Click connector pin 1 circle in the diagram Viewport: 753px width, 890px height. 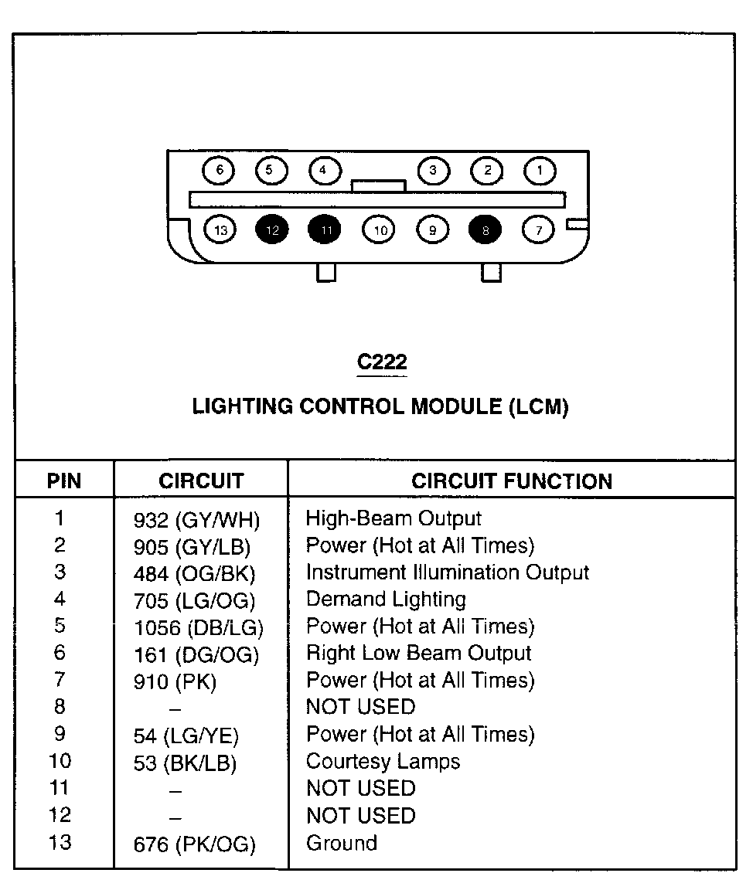coord(540,170)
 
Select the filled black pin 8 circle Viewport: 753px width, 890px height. coord(485,229)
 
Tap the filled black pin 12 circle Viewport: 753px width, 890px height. coord(271,229)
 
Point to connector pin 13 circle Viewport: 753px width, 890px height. coord(221,229)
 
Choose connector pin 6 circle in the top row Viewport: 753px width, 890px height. coord(220,170)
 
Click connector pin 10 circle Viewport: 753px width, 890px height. coord(379,229)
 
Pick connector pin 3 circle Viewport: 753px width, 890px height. coord(433,170)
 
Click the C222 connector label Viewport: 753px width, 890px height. coord(382,362)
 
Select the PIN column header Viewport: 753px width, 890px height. coord(64,481)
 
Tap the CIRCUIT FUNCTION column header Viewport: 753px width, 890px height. coord(512,481)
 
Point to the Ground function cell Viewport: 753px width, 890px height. coord(342,842)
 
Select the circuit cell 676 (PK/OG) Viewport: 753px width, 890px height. coord(195,845)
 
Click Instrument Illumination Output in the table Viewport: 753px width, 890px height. coord(448,572)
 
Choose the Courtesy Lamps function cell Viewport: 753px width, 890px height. coord(383,761)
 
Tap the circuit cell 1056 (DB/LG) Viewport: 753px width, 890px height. coord(199,628)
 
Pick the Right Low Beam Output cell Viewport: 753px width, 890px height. coord(419,653)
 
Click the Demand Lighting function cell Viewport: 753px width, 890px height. coord(387,599)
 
